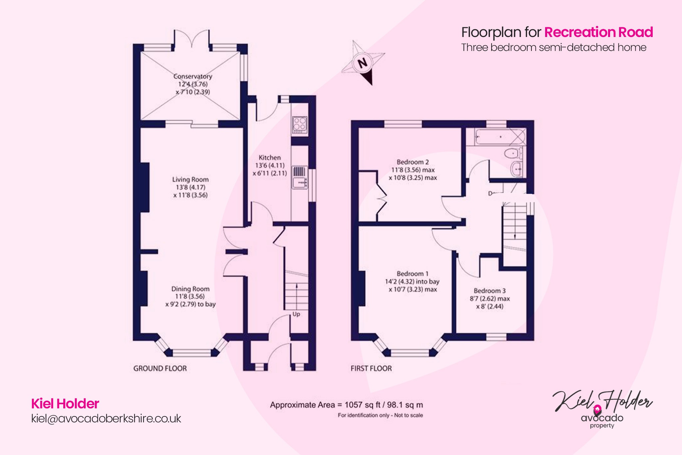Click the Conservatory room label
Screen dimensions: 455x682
192,76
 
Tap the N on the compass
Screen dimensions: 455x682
363,63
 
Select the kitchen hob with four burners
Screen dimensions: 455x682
300,124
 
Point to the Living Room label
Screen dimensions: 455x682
190,180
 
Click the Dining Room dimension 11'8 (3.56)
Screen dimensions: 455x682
190,296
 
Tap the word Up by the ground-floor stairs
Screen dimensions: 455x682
296,314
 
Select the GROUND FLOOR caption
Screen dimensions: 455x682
160,368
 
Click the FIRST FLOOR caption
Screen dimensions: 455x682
371,368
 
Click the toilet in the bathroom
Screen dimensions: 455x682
512,154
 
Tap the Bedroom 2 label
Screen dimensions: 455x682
413,162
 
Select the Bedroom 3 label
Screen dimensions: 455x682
490,291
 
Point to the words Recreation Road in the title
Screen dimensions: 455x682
598,32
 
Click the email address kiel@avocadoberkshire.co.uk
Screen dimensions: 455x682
106,418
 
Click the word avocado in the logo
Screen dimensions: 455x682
602,418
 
